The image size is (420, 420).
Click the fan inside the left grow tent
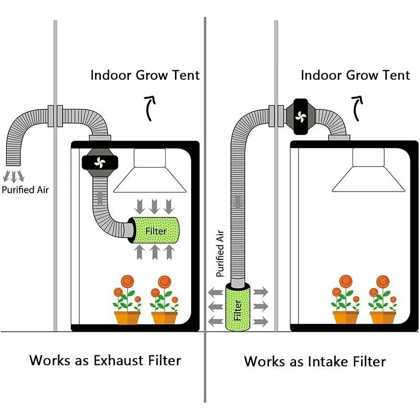100,162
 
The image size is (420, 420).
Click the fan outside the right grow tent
300,117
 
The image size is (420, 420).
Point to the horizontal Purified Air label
25,190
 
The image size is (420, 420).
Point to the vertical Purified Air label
220,254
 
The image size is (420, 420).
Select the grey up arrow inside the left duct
100,197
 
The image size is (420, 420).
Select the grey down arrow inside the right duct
238,202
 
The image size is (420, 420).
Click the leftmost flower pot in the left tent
127,318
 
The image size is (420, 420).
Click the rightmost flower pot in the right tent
383,318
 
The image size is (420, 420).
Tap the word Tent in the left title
186,75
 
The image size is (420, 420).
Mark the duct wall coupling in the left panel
56,116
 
